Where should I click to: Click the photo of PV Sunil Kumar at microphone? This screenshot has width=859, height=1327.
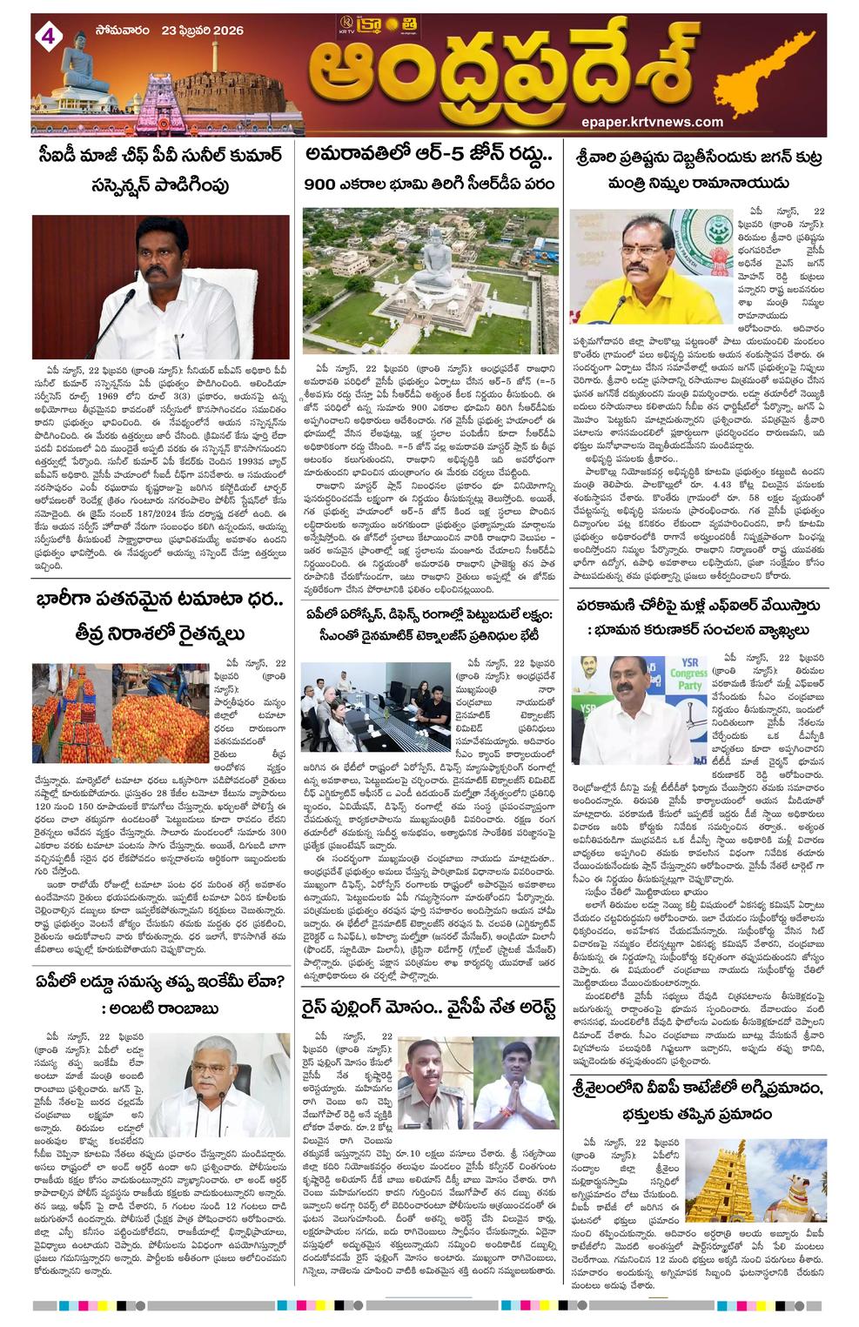(x=161, y=287)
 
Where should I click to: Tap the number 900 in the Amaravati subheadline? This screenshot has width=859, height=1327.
(x=325, y=184)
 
